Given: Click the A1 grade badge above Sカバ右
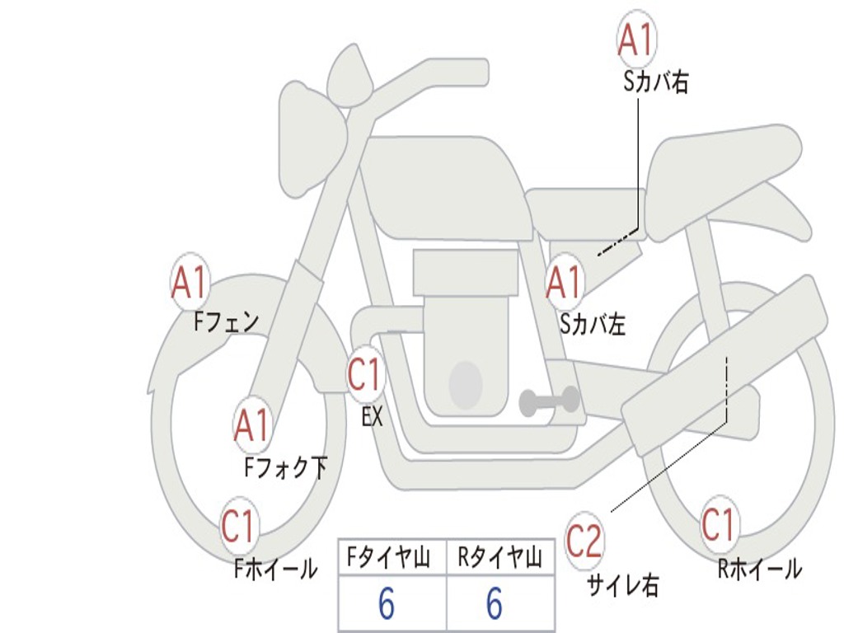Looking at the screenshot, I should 636,40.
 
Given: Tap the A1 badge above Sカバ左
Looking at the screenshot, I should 565,282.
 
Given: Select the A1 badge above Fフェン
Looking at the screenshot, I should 190,283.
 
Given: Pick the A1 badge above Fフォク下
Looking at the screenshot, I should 251,424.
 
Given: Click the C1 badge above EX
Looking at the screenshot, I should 364,376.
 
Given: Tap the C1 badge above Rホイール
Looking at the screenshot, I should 718,524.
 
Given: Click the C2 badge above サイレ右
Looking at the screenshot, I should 584,542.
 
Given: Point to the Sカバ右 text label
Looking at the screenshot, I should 655,82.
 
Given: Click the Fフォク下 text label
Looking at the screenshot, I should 285,468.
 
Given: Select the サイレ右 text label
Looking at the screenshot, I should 622,585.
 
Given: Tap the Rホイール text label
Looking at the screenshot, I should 759,569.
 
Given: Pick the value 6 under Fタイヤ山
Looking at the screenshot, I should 386,605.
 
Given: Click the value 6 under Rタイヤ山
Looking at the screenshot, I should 494,605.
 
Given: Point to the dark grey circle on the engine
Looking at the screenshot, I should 465,383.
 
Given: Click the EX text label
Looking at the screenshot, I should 373,417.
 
